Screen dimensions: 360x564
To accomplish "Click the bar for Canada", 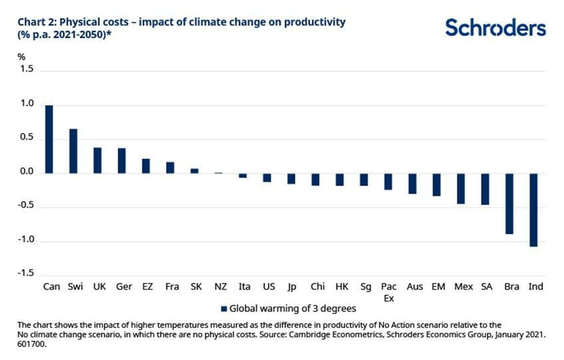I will [49, 139].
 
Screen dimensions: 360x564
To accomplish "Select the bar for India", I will [533, 210].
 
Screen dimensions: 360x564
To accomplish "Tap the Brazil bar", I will [509, 204].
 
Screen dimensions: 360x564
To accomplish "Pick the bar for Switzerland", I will [73, 151].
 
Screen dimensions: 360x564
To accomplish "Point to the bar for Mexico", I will [461, 188].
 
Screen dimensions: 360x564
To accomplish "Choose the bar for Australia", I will [412, 184].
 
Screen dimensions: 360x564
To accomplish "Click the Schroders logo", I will [495, 28].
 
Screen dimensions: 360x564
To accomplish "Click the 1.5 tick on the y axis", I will [27, 69].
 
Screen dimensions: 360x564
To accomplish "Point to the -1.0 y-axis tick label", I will [25, 240].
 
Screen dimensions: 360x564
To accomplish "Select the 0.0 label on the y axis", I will [27, 172].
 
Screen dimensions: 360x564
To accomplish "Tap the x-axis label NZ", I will [219, 287].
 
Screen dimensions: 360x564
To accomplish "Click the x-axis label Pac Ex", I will [388, 292].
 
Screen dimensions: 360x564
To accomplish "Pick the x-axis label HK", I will [341, 287].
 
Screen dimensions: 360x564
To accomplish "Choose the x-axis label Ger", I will [123, 287].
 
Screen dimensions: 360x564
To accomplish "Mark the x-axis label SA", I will [486, 287].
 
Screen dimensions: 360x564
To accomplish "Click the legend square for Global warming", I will [223, 308].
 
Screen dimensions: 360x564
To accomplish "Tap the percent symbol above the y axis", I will [21, 57].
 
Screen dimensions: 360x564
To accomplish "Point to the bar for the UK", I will [98, 160].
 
